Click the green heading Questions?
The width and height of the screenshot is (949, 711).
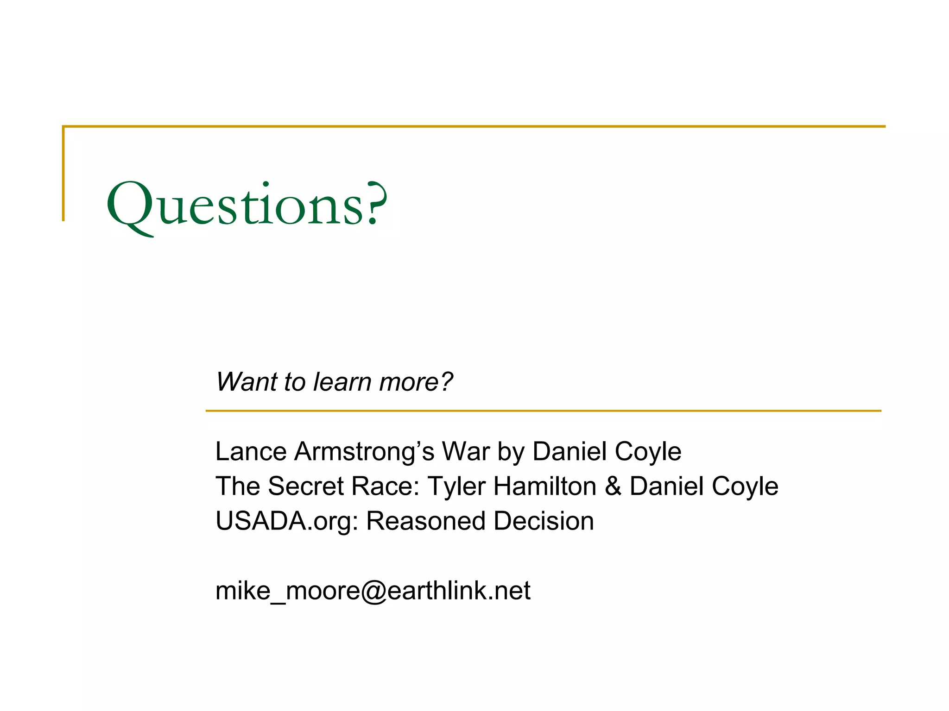[247, 205]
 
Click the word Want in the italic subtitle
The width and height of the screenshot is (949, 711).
[245, 382]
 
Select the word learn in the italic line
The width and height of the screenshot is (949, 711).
[342, 382]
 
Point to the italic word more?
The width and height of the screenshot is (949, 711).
[415, 382]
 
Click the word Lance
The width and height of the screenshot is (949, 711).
[251, 451]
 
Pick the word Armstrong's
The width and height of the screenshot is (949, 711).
[364, 452]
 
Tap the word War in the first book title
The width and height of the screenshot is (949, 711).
[465, 451]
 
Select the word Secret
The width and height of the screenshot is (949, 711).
[306, 486]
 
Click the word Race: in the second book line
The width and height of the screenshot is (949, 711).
[385, 486]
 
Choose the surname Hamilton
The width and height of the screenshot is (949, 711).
[544, 486]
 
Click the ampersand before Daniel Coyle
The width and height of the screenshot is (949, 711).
[613, 486]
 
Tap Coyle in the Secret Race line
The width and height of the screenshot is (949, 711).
[745, 486]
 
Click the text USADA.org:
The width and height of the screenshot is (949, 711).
[287, 522]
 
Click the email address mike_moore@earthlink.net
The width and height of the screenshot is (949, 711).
[373, 591]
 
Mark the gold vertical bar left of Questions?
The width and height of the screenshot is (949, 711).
[63, 174]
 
